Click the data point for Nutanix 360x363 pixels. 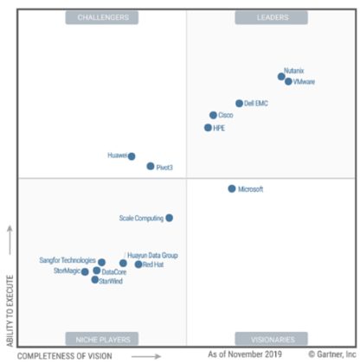click(281, 77)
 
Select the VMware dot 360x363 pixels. click(288, 82)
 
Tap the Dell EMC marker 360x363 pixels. click(239, 104)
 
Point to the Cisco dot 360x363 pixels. click(213, 115)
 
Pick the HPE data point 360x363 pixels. click(208, 128)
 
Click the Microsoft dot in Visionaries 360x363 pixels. click(231, 188)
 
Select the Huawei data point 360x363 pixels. click(132, 156)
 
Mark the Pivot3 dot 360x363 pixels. click(150, 166)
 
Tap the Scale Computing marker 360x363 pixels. click(169, 218)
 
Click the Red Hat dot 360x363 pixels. click(138, 264)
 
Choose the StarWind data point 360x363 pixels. click(95, 280)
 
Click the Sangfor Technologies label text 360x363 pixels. click(67, 260)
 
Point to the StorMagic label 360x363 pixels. click(66, 271)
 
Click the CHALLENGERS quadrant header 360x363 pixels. click(102, 16)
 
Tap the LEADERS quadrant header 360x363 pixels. click(273, 16)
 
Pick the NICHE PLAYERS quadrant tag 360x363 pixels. click(102, 339)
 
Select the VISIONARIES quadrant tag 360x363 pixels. click(273, 339)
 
